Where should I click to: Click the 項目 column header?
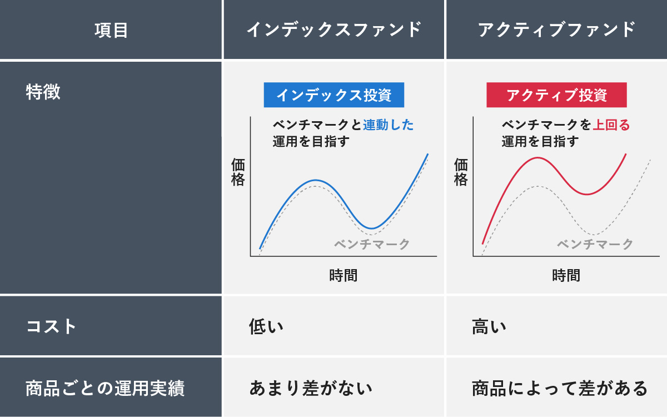point(111,29)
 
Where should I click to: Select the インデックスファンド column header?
point(333,29)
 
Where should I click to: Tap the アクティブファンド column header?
point(556,29)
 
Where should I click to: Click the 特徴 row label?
point(43,92)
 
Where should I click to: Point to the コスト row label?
point(51,326)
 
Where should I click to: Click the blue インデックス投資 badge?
point(333,95)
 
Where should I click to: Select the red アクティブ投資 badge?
point(556,95)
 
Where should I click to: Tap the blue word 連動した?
point(388,125)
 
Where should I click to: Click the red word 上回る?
point(611,125)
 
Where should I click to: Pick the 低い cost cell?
point(266,326)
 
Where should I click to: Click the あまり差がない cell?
point(311,388)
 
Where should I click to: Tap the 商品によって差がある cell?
point(560,388)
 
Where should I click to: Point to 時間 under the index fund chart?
point(343,275)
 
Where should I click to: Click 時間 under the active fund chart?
point(566,275)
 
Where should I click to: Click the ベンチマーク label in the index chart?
point(372,244)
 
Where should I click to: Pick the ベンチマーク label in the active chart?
point(595,244)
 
